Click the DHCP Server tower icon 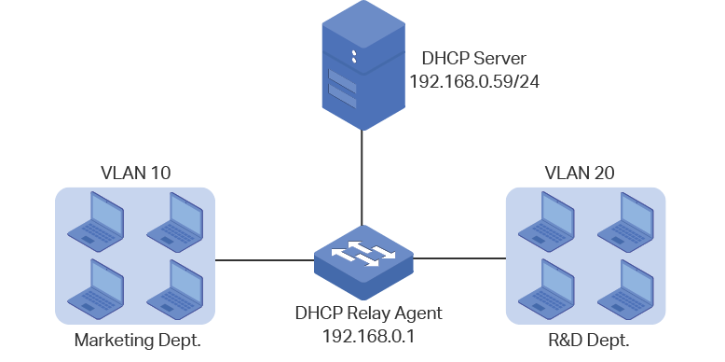point(363,65)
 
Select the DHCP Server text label point(474,59)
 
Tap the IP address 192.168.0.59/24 point(474,82)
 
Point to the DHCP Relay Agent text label point(368,313)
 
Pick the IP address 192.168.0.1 point(368,336)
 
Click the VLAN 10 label point(135,174)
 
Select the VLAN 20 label point(580,174)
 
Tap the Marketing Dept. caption point(138,341)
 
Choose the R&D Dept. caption point(589,341)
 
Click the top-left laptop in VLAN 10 point(96,222)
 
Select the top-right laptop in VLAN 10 point(175,222)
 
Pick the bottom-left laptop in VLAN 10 point(96,289)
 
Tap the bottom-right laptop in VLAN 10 point(175,289)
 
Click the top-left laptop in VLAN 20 point(546,222)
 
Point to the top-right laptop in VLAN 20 point(625,222)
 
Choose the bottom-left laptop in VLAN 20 point(546,289)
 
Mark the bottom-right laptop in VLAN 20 point(625,289)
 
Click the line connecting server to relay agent point(362,178)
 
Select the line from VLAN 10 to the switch point(265,260)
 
